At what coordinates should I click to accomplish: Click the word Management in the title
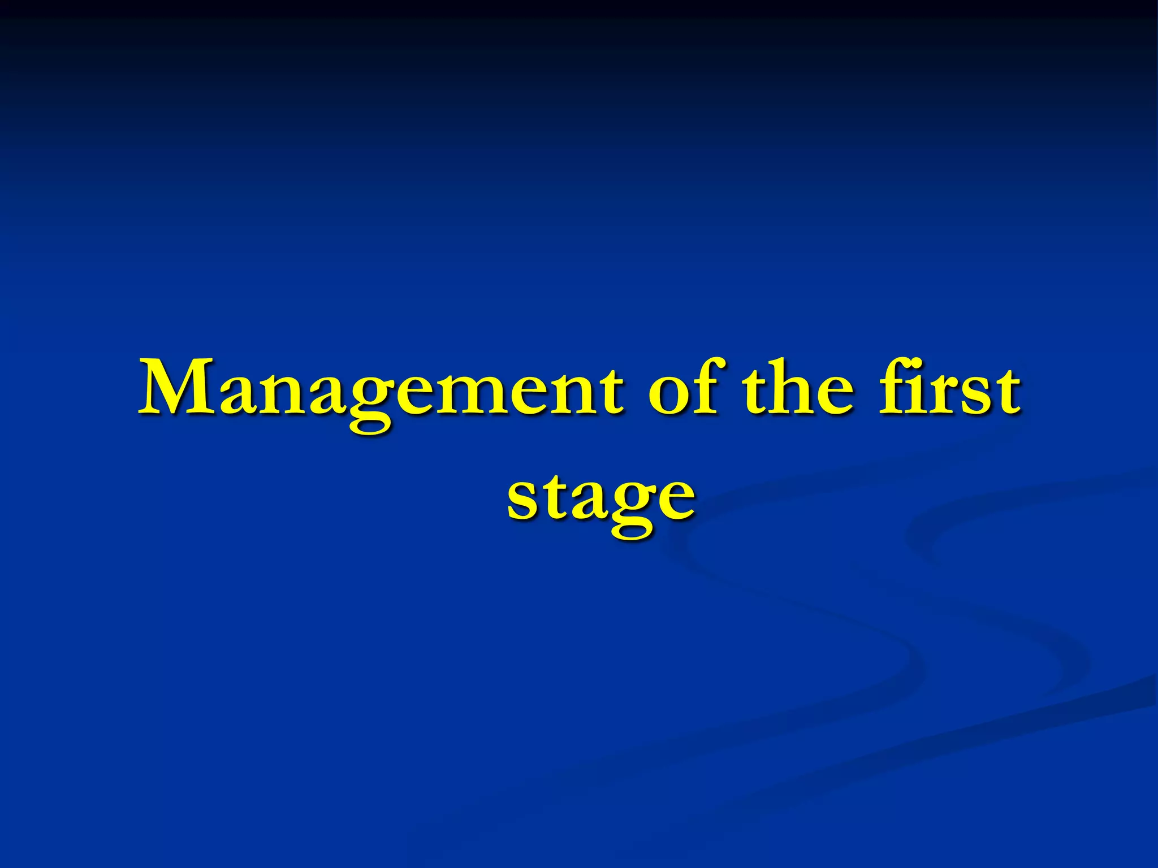point(382,390)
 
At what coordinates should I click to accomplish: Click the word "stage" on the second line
point(600,497)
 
